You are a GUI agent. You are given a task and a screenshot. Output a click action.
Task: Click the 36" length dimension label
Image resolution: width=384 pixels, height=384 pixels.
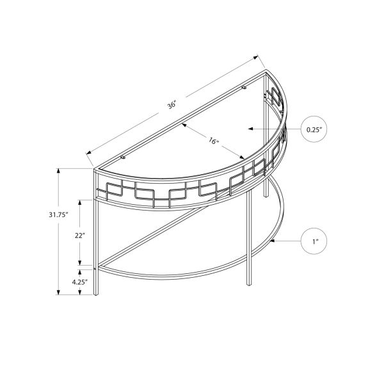point(172,105)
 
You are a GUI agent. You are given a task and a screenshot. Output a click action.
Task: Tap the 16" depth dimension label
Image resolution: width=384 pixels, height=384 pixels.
point(214,141)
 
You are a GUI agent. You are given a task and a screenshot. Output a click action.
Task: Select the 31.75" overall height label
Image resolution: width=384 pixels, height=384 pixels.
point(58,215)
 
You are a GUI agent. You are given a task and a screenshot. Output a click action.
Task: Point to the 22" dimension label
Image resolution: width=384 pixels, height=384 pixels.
point(80,236)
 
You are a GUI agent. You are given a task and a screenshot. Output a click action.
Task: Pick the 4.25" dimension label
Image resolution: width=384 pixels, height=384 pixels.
point(80,282)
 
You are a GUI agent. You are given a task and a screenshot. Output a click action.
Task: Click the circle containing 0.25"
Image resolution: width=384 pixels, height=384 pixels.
point(314,129)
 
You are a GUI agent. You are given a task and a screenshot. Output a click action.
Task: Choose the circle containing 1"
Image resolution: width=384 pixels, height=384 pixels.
point(314,241)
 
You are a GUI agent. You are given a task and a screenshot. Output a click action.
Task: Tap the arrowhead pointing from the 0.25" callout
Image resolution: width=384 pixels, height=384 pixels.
point(251,129)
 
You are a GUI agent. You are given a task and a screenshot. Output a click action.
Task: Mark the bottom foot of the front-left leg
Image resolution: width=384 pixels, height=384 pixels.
point(96,293)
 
